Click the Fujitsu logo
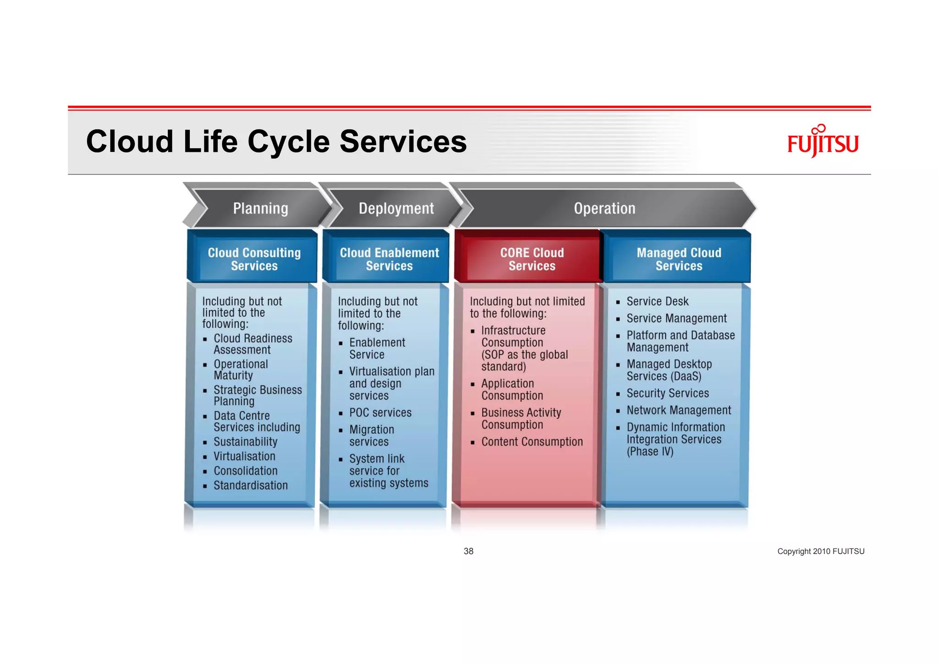coord(823,142)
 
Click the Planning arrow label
coord(260,208)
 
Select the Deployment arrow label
coord(396,208)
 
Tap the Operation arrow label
coord(604,208)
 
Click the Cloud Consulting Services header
coord(254,259)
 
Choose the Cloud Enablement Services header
coord(389,259)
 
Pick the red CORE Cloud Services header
coord(532,259)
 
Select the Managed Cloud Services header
coord(679,259)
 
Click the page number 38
coord(469,551)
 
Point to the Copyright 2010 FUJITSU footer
coord(821,551)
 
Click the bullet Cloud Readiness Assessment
coord(252,344)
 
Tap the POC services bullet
coord(380,413)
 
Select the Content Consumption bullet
coord(532,441)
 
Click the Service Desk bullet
coord(657,301)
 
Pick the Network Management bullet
coord(679,410)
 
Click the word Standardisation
coord(250,485)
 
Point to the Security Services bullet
coord(668,393)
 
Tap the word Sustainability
coord(245,441)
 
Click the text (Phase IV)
coord(650,452)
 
